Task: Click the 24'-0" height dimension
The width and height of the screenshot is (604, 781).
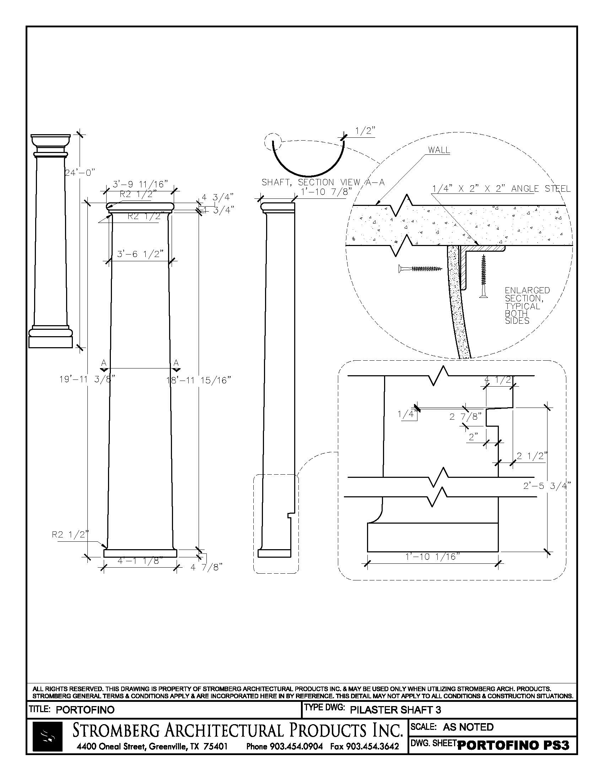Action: point(80,173)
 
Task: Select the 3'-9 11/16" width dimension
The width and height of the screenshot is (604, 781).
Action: point(140,185)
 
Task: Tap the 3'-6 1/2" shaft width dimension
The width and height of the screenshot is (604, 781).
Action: point(140,254)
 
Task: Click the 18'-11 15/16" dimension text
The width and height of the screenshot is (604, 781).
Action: point(199,380)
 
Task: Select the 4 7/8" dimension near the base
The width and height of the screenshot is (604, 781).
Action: point(206,567)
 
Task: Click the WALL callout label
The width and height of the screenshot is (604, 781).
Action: point(439,150)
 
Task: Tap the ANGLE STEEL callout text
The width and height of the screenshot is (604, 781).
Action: point(501,189)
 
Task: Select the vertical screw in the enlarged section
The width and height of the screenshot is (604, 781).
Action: point(484,276)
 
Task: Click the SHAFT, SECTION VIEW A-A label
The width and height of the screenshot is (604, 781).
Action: point(323,182)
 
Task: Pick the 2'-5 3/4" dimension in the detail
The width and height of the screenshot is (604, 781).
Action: point(547,486)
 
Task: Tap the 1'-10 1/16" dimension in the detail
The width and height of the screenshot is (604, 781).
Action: point(432,556)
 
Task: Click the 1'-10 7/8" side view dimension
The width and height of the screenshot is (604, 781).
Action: point(325,192)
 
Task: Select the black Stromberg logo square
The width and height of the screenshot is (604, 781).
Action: point(48,736)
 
